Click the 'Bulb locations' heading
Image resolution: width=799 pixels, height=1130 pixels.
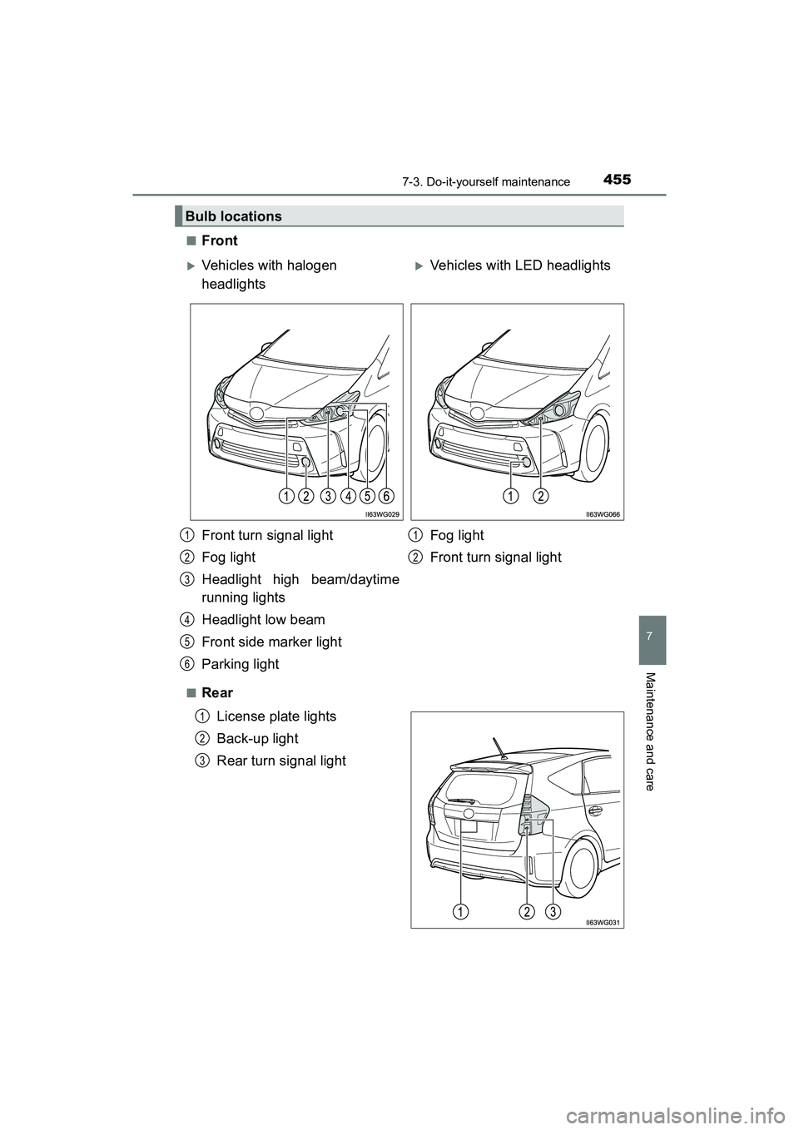click(234, 216)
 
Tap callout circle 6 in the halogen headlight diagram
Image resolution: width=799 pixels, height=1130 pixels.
click(386, 497)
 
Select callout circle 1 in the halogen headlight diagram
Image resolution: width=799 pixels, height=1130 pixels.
click(285, 497)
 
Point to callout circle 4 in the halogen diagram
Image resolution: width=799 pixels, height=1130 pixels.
click(347, 497)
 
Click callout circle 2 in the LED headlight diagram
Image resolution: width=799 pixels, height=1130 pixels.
click(541, 497)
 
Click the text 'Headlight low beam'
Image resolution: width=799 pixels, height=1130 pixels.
click(263, 620)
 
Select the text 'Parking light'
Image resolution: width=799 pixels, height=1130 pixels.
click(241, 664)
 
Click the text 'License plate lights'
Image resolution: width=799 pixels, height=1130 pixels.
click(276, 716)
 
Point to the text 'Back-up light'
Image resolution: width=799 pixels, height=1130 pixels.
click(257, 739)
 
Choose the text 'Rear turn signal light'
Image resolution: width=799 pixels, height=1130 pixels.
click(281, 761)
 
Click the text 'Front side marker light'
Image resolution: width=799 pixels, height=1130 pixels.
click(271, 642)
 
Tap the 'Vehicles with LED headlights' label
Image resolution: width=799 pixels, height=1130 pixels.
click(519, 265)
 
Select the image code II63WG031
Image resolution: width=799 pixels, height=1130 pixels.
click(603, 923)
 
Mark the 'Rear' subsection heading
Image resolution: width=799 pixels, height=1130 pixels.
click(216, 693)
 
